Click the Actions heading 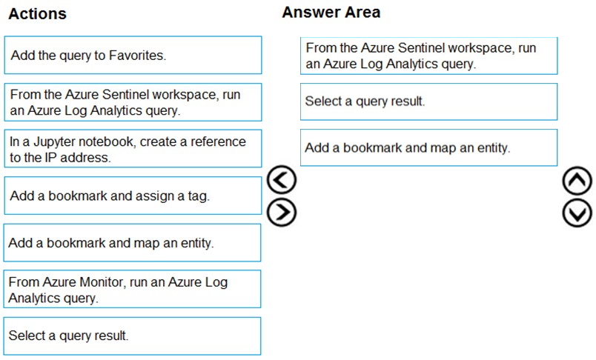[x=37, y=13]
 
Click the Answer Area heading [x=331, y=12]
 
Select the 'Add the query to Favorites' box [x=133, y=55]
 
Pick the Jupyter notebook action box [x=133, y=148]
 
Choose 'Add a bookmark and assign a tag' [x=133, y=196]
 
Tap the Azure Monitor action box [x=132, y=289]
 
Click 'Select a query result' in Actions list [x=132, y=336]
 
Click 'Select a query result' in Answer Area [x=428, y=101]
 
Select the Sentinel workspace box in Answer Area [x=428, y=56]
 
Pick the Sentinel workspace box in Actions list [x=133, y=102]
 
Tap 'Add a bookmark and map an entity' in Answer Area [x=428, y=147]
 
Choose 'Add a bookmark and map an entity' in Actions [x=132, y=243]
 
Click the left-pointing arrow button [x=282, y=180]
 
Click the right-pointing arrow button [x=282, y=212]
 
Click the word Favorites [x=137, y=56]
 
